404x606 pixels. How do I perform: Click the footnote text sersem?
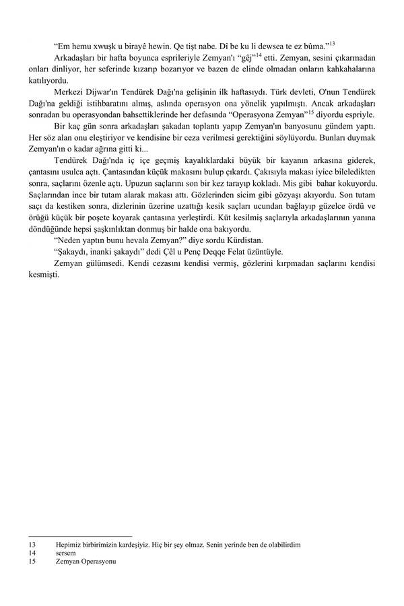66,553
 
